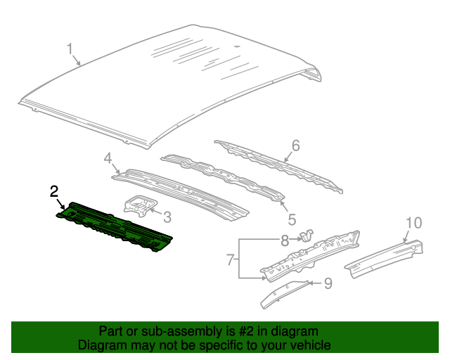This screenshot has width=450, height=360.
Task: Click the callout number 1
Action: pyautogui.click(x=70, y=49)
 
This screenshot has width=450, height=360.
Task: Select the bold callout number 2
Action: pyautogui.click(x=54, y=191)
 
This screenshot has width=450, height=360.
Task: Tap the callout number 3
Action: pyautogui.click(x=167, y=218)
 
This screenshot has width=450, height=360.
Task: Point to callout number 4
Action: pyautogui.click(x=108, y=160)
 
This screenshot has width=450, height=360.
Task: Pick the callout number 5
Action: pyautogui.click(x=292, y=219)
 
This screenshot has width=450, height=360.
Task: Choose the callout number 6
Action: pyautogui.click(x=295, y=146)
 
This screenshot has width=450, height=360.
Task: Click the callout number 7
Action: pyautogui.click(x=230, y=259)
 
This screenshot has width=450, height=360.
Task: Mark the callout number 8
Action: pyautogui.click(x=284, y=240)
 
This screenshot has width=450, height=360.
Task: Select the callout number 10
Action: pyautogui.click(x=413, y=223)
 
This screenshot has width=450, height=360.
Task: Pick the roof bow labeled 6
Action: pyautogui.click(x=281, y=165)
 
